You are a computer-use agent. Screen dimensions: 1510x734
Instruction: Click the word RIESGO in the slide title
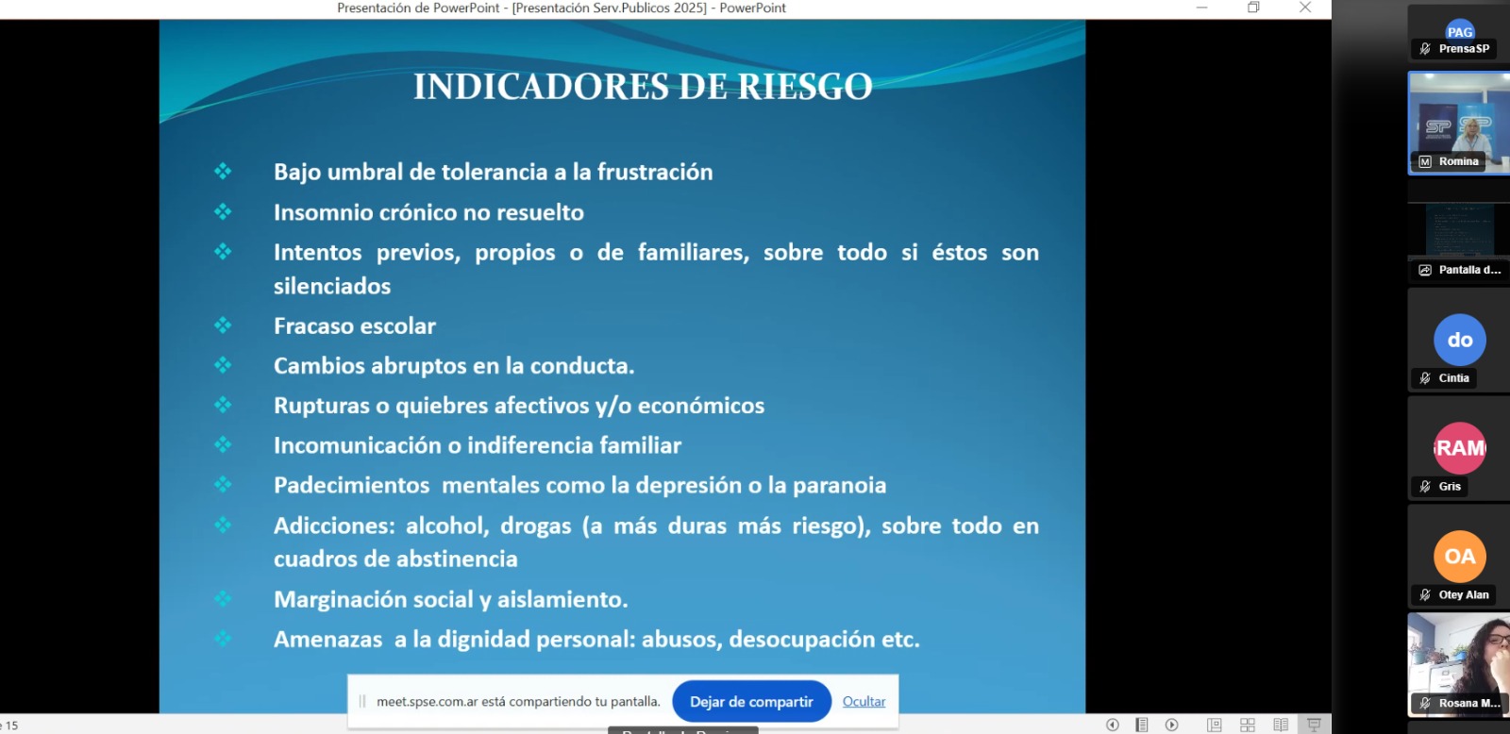click(x=805, y=87)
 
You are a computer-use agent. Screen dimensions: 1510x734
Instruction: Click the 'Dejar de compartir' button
click(x=751, y=702)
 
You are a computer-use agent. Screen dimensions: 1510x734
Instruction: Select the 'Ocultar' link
click(x=864, y=702)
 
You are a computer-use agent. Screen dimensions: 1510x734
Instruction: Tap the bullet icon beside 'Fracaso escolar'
click(x=223, y=325)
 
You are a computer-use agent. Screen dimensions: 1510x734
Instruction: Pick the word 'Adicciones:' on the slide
click(x=334, y=525)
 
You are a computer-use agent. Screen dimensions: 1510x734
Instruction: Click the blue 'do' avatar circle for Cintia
click(x=1459, y=340)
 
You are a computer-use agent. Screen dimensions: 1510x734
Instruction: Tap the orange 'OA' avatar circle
click(x=1459, y=556)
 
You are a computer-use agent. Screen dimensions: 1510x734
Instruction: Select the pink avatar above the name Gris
click(x=1459, y=448)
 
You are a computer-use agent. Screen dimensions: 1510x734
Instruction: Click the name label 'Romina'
click(x=1458, y=161)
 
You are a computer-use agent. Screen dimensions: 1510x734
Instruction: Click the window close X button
click(x=1305, y=8)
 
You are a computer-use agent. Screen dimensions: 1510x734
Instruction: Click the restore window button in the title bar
click(x=1253, y=8)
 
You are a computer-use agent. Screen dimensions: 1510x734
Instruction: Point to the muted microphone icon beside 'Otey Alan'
click(x=1425, y=595)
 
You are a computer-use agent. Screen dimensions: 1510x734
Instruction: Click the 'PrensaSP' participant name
click(x=1464, y=48)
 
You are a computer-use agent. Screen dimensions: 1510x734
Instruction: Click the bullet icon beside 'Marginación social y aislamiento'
click(x=223, y=598)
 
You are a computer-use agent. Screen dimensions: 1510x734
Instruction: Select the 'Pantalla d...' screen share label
click(x=1469, y=270)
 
